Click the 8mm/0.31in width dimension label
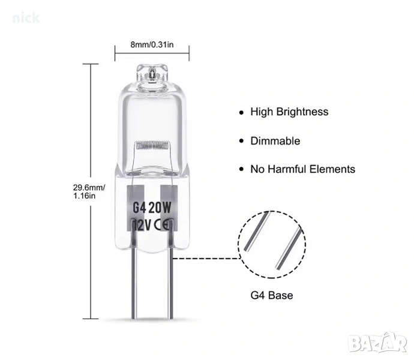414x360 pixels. pyautogui.click(x=152, y=43)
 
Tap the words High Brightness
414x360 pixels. pyautogui.click(x=290, y=112)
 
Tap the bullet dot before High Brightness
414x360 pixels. pyautogui.click(x=242, y=112)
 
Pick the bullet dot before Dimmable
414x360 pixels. pyautogui.click(x=242, y=142)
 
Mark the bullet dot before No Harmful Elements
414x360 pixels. pyautogui.click(x=242, y=170)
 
